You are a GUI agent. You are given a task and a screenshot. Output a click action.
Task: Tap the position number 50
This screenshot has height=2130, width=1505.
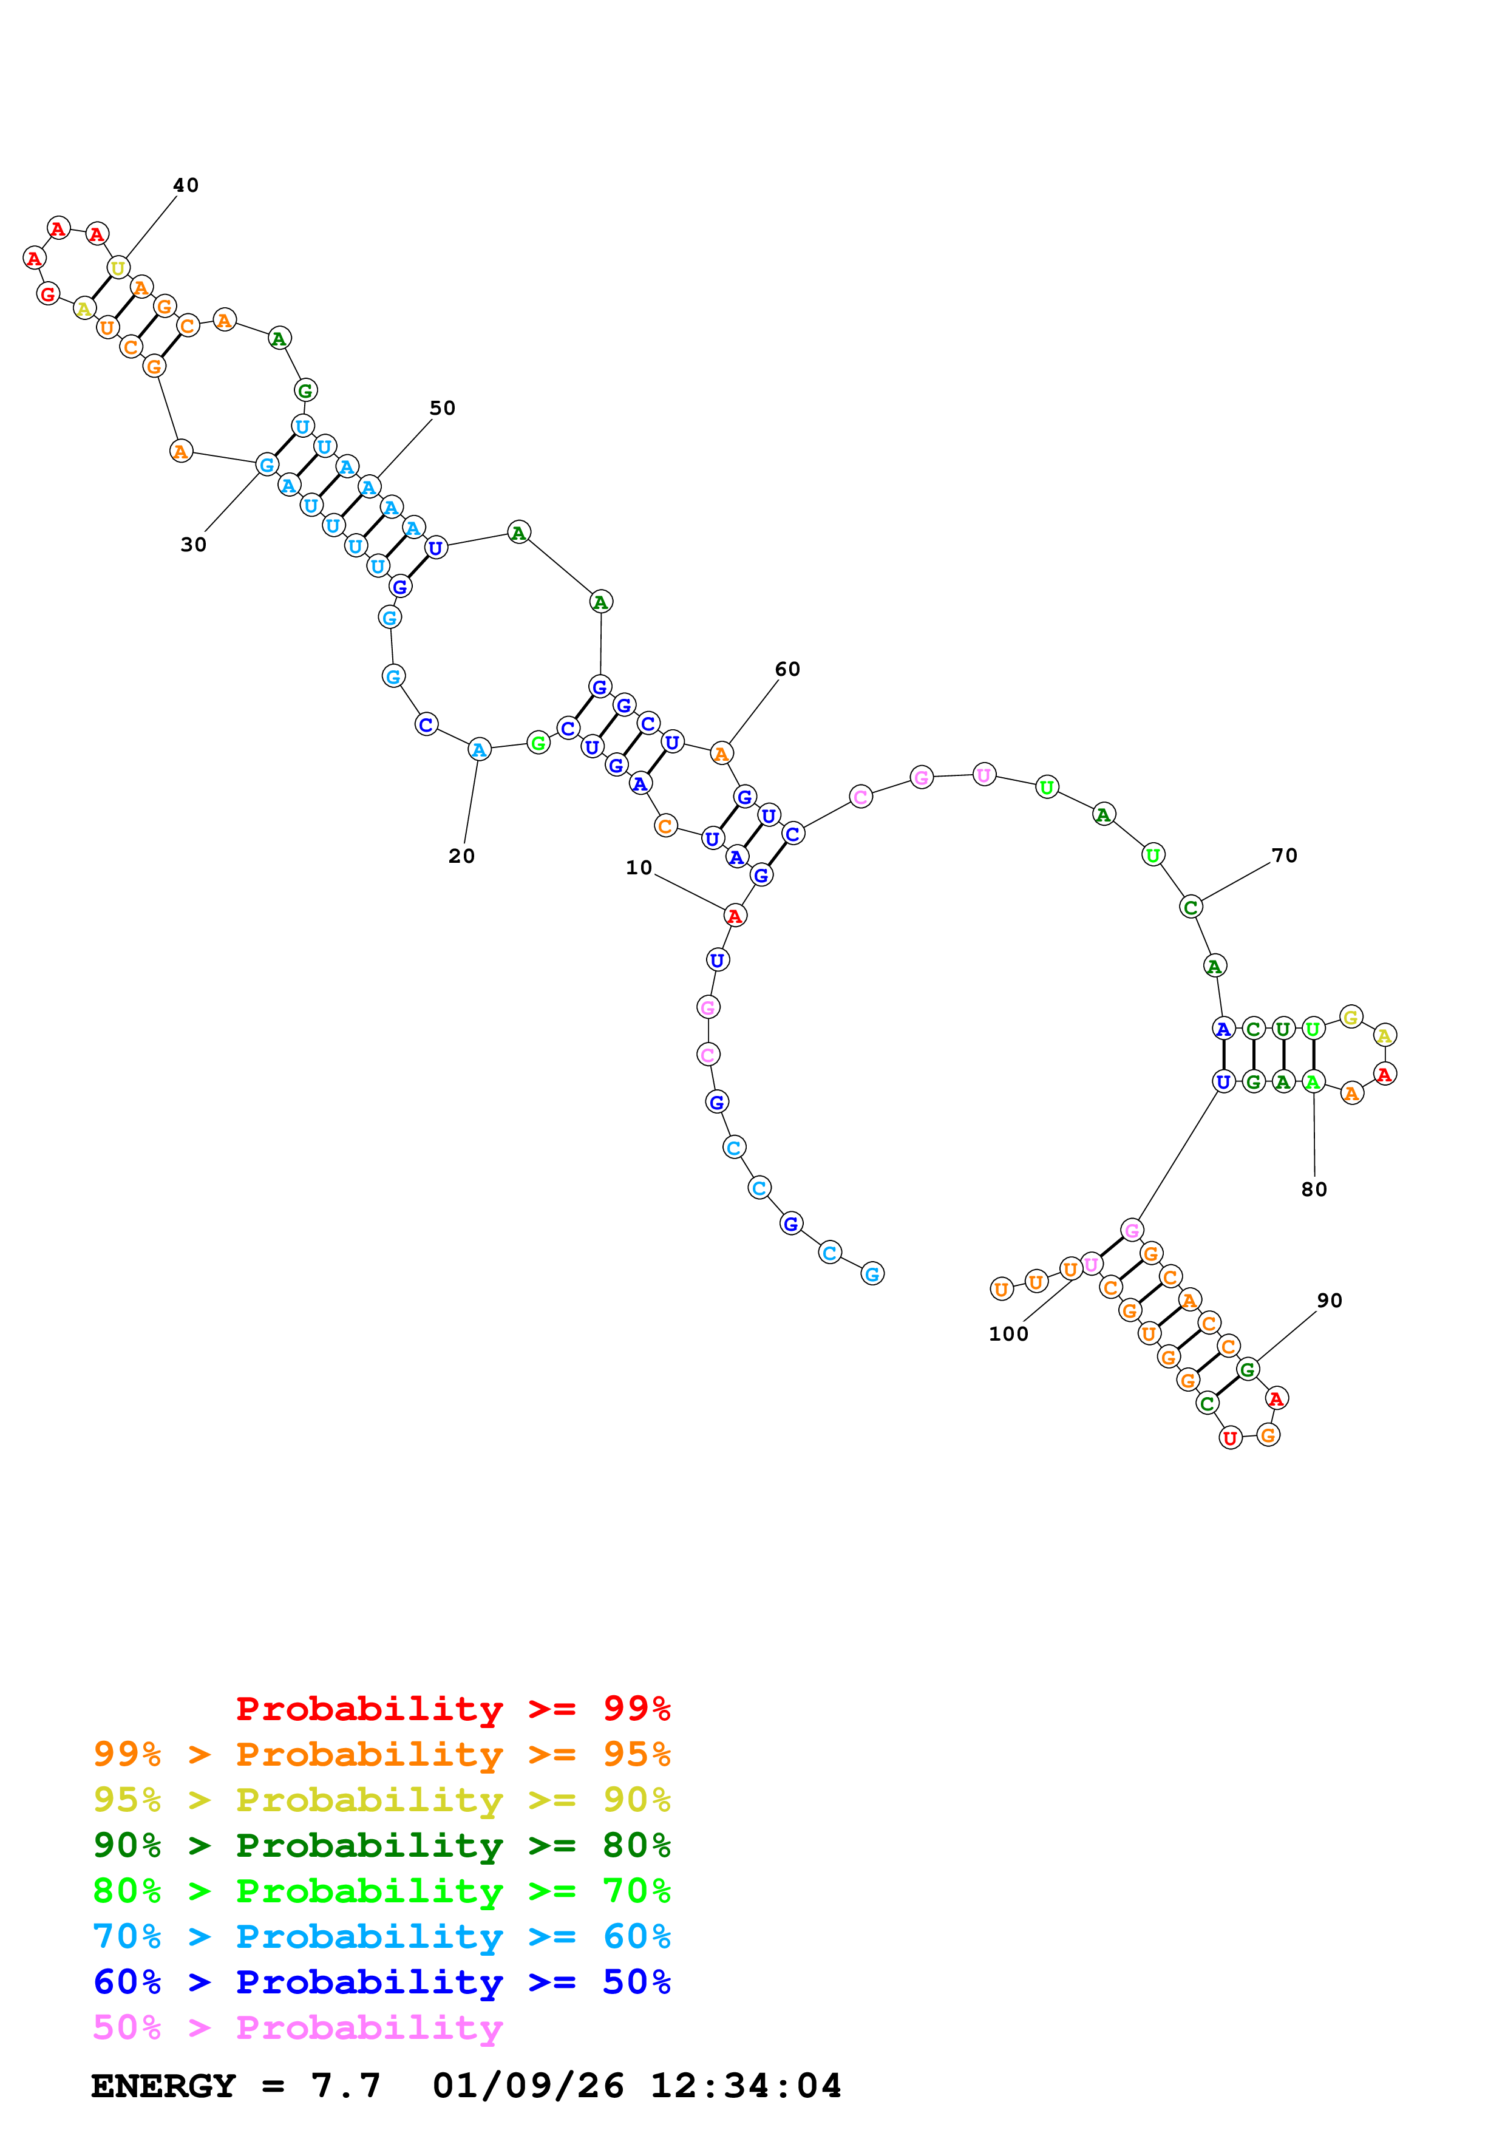pyautogui.click(x=443, y=408)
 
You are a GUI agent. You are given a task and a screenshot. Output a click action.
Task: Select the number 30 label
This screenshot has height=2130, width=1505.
pyautogui.click(x=193, y=545)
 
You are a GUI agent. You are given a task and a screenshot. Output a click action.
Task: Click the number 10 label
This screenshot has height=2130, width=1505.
pyautogui.click(x=638, y=868)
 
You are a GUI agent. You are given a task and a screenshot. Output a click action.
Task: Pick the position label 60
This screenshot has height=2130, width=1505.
pyautogui.click(x=787, y=669)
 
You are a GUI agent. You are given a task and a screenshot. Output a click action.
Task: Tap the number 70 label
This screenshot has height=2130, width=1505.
pyautogui.click(x=1283, y=856)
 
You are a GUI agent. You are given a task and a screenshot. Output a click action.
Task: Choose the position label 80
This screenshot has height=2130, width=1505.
pyautogui.click(x=1313, y=1189)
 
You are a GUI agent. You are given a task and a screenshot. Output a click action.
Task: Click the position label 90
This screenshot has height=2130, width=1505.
pyautogui.click(x=1329, y=1301)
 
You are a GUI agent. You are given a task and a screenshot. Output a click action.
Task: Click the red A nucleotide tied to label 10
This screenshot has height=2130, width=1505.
pyautogui.click(x=735, y=916)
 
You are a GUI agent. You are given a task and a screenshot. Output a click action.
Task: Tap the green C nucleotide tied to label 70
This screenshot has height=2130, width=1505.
pyautogui.click(x=1191, y=907)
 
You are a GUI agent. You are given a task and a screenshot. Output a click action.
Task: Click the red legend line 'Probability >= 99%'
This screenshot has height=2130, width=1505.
pyautogui.click(x=452, y=1708)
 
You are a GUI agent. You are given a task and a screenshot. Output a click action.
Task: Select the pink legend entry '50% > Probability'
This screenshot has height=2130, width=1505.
pyautogui.click(x=297, y=2027)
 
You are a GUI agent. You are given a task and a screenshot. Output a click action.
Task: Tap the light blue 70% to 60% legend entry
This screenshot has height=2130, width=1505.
pyautogui.click(x=381, y=1936)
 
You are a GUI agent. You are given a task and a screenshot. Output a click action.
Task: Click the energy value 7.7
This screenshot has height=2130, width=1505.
pyautogui.click(x=345, y=2086)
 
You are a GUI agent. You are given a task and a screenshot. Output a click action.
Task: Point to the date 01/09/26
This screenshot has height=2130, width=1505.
pyautogui.click(x=528, y=2086)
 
